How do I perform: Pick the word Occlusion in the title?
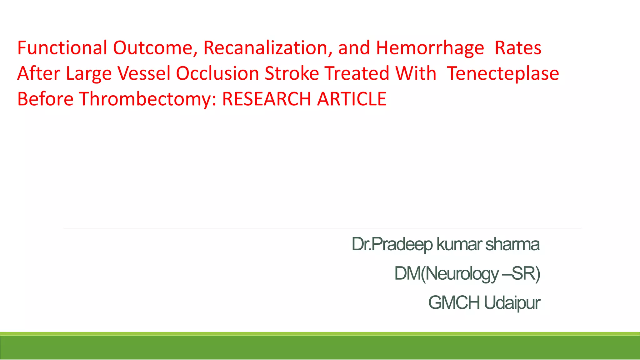[x=217, y=73]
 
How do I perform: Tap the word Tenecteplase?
[x=503, y=73]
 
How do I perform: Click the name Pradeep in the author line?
[x=402, y=244]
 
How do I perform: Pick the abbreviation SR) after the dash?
[x=526, y=274]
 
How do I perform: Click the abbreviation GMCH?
[x=454, y=303]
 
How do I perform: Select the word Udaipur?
[x=512, y=303]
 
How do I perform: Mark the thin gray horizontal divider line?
[x=322, y=228]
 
